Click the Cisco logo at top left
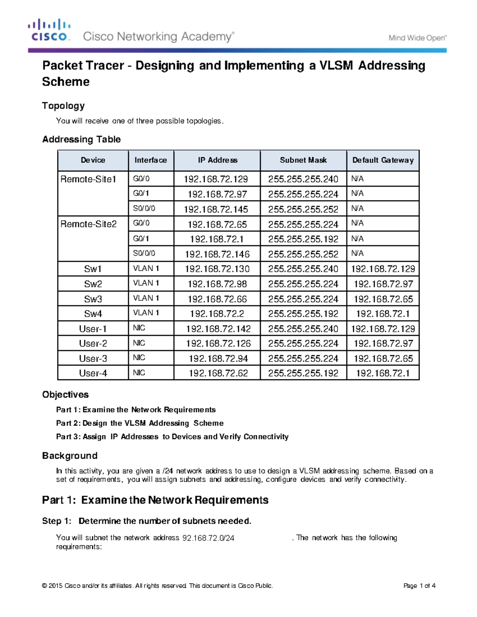(x=49, y=30)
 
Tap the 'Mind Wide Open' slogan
(x=417, y=38)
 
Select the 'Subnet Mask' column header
(x=303, y=160)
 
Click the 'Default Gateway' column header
(x=383, y=160)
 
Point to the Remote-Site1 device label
(x=88, y=179)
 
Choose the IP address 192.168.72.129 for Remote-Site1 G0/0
(x=216, y=179)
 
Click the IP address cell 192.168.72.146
(x=217, y=254)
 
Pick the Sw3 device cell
(x=93, y=299)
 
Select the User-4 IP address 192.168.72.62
(x=218, y=373)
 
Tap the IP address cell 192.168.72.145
(x=216, y=209)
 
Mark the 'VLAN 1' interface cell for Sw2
(x=146, y=283)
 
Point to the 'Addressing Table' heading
(x=81, y=139)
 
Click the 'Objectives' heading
(x=65, y=395)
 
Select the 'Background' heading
(x=70, y=456)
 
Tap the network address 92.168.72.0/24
(x=208, y=538)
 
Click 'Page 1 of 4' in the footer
(x=419, y=586)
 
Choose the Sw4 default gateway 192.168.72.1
(x=382, y=314)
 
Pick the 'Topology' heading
(x=64, y=106)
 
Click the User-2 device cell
(x=93, y=344)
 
